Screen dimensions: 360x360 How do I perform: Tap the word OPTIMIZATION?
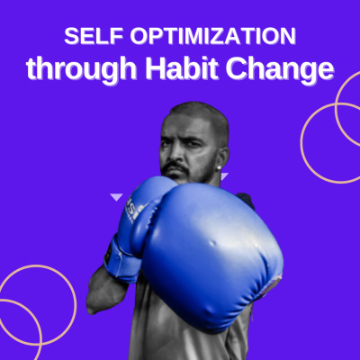coord(212,36)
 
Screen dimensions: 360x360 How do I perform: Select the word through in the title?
coord(81,69)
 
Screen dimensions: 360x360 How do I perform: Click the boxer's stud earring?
coord(220,167)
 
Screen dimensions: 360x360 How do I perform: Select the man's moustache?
coord(175,167)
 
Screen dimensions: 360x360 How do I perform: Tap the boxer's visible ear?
coord(222,156)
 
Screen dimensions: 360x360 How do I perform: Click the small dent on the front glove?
coord(213,242)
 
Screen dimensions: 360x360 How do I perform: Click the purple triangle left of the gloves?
coord(116,197)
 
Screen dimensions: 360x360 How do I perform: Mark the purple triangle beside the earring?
coord(225,175)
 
